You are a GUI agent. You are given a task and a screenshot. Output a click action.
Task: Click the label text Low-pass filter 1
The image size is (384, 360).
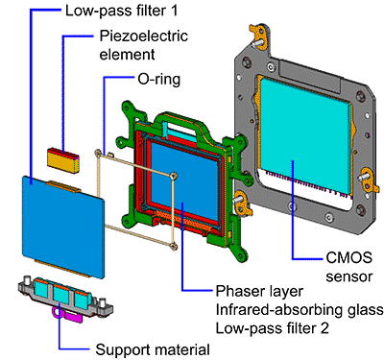pos(121,11)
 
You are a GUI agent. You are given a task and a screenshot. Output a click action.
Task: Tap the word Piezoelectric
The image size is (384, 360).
pos(143,36)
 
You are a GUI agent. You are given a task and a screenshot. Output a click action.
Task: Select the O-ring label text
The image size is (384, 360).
pos(159,79)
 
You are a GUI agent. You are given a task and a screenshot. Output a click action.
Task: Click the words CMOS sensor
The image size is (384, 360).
pos(349,267)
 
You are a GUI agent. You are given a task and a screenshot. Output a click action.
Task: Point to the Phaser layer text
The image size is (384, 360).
pos(259,292)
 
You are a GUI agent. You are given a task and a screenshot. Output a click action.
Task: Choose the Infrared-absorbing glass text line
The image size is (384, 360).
pos(300,310)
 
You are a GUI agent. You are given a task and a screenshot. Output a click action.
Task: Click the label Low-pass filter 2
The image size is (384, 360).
pos(273,328)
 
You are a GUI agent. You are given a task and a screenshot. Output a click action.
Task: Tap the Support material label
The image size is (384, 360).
pos(153,349)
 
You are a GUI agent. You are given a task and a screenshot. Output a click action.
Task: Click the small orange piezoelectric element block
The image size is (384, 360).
pos(63,160)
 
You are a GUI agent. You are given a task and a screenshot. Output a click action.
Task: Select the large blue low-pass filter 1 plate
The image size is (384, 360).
pos(63,227)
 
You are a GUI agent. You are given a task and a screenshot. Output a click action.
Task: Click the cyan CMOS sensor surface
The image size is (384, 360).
pos(305,134)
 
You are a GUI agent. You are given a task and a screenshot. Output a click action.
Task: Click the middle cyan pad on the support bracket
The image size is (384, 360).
pos(60,295)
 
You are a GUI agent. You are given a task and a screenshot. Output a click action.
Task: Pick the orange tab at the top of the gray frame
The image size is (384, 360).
pos(258,36)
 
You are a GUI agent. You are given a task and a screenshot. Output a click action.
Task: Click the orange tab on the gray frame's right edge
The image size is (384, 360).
pos(369,181)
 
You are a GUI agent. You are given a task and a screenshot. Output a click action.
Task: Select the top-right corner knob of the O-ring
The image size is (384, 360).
pos(174,176)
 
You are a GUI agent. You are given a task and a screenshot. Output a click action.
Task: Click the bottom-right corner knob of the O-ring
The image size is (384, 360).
pos(174,246)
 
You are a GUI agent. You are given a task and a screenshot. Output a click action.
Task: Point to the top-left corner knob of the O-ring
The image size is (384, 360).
pos(97,154)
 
